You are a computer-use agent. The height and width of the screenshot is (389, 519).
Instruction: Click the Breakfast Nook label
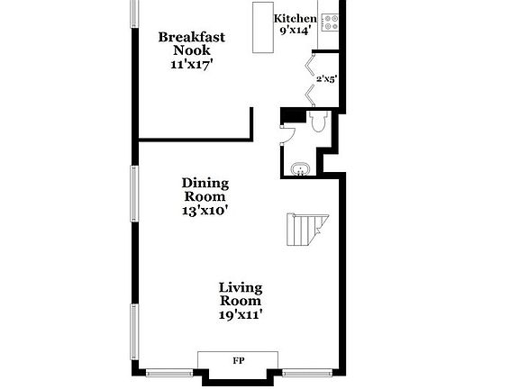[x=191, y=44]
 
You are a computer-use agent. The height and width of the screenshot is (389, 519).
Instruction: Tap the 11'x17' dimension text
[x=191, y=65]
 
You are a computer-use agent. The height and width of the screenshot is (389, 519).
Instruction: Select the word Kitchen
[x=296, y=19]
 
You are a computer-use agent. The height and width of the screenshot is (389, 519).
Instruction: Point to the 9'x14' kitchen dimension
[x=296, y=31]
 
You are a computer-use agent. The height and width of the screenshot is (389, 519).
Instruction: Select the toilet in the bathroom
[x=318, y=122]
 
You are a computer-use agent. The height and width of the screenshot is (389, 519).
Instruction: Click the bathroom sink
[x=300, y=168]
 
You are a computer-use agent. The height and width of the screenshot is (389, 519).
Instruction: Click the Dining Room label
[x=205, y=189]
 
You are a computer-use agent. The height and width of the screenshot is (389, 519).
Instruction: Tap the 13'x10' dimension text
[x=205, y=211]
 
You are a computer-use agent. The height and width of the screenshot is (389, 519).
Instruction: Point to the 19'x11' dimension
[x=241, y=314]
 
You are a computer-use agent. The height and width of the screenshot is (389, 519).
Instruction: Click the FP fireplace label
[x=239, y=361]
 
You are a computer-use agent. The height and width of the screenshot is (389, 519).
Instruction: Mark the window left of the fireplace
[x=171, y=372]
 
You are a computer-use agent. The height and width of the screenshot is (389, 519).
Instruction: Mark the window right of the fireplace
[x=307, y=372]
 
